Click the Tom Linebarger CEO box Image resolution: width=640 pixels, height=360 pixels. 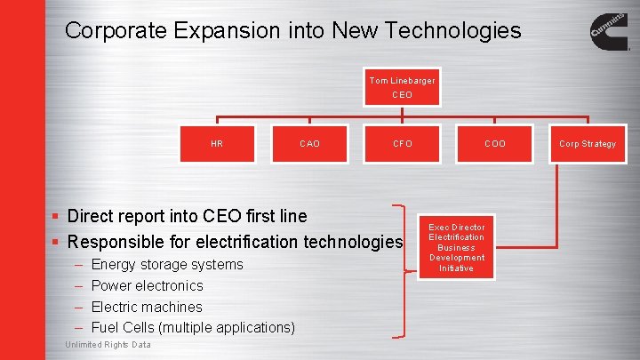(x=402, y=88)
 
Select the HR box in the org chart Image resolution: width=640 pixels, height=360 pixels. (x=217, y=144)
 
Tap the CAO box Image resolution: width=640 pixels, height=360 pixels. (x=309, y=144)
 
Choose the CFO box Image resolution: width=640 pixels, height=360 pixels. (x=403, y=144)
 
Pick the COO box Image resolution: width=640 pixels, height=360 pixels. (x=495, y=144)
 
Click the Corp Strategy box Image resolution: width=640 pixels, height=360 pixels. (x=587, y=144)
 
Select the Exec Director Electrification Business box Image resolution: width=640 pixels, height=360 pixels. (x=456, y=248)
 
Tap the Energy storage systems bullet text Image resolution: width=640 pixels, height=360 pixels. (x=167, y=264)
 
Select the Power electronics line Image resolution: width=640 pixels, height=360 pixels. (x=148, y=285)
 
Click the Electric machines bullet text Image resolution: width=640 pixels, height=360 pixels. (x=147, y=307)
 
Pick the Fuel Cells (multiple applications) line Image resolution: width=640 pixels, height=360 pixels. (x=193, y=328)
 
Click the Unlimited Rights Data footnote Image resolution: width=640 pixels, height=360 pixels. (x=108, y=345)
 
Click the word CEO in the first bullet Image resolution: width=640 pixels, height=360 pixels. (x=219, y=216)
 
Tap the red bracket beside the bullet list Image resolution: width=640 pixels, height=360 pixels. (x=409, y=271)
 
